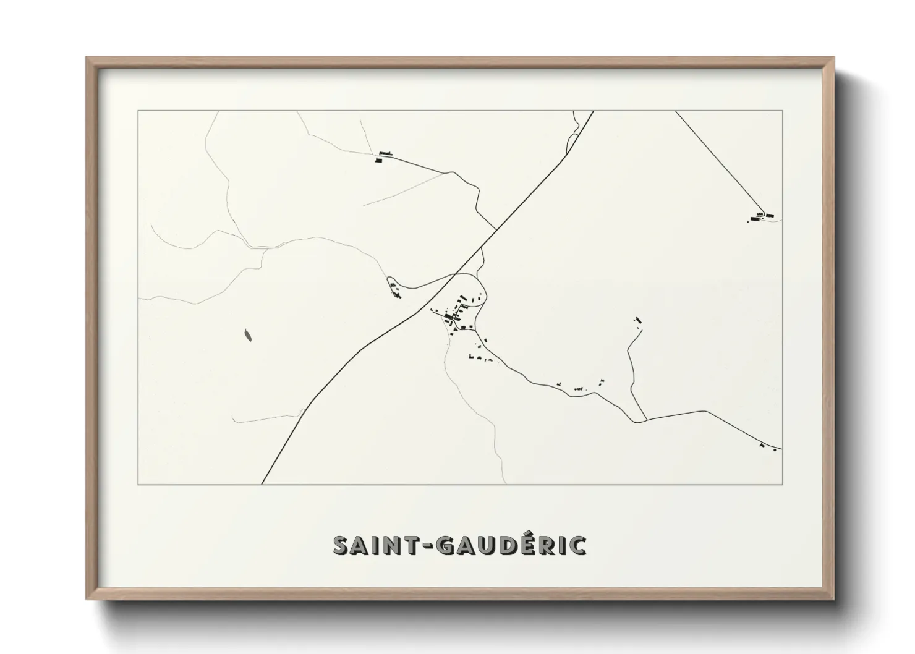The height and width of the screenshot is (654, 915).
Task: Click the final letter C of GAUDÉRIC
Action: (x=578, y=545)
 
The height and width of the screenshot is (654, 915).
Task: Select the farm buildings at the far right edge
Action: (x=760, y=216)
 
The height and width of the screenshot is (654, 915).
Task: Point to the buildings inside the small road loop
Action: (x=394, y=287)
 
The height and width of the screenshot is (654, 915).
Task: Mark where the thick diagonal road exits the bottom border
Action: (x=262, y=483)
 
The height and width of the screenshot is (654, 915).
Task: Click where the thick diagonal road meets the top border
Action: (x=594, y=111)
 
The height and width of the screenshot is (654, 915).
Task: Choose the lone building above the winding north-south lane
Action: (x=638, y=320)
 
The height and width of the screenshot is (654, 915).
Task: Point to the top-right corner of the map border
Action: (x=783, y=111)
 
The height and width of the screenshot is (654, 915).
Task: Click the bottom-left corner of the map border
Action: (x=138, y=484)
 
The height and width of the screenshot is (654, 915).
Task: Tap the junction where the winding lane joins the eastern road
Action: (x=646, y=420)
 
